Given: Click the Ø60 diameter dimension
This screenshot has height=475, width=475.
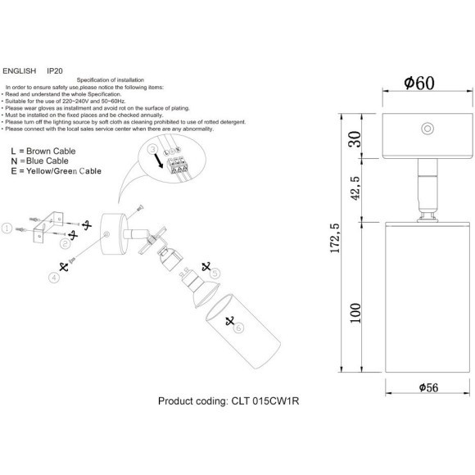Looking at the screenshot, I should coord(418,83).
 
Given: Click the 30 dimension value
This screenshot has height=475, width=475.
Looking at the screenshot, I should coord(355,140).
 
